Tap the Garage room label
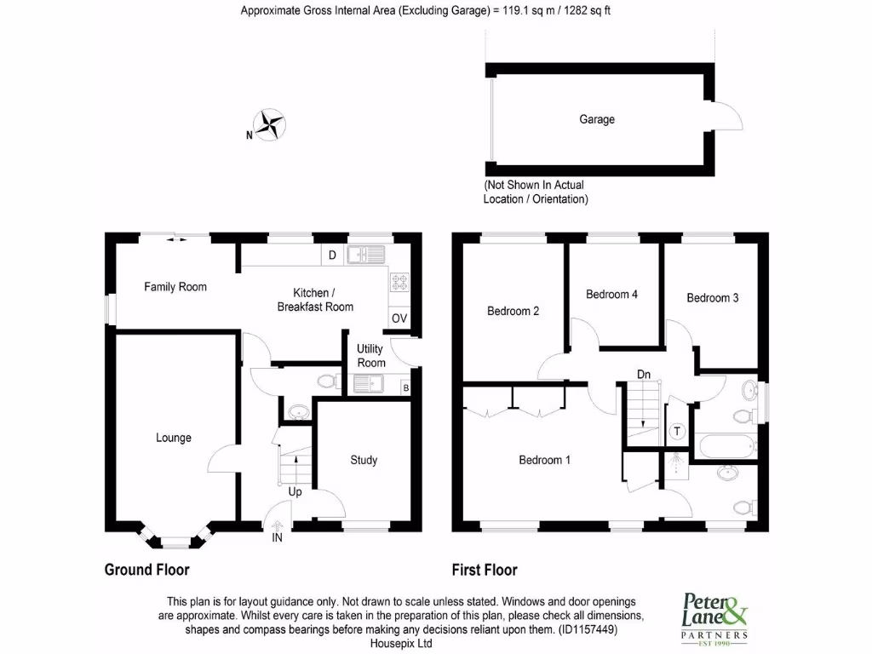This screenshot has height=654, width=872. click(x=597, y=119)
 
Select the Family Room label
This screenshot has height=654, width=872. click(x=175, y=287)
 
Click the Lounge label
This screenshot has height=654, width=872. click(x=174, y=438)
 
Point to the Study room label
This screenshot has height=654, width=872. click(x=364, y=460)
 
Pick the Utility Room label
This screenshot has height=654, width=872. click(x=370, y=355)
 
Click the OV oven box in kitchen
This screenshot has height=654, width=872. click(x=399, y=318)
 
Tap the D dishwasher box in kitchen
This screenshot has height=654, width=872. click(x=332, y=254)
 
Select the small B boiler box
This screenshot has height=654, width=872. click(x=405, y=388)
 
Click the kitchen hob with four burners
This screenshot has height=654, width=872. click(x=399, y=282)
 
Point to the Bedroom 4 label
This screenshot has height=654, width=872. click(x=611, y=295)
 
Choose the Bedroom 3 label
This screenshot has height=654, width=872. click(x=713, y=298)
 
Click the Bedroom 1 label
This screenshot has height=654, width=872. click(x=545, y=460)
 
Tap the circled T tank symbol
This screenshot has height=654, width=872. click(x=677, y=432)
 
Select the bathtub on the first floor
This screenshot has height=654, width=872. click(x=725, y=444)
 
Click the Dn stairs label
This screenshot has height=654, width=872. click(x=645, y=374)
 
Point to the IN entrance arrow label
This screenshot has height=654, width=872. click(x=277, y=537)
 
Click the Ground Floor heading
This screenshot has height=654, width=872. click(x=146, y=570)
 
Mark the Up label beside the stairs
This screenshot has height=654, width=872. click(x=295, y=492)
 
